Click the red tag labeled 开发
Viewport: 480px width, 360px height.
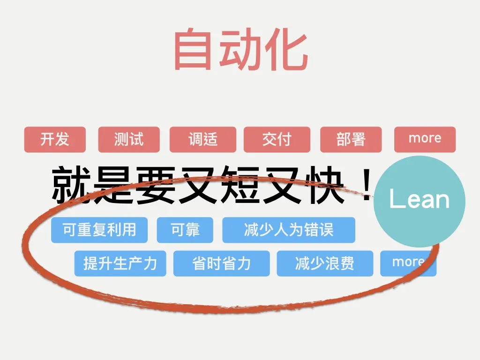[55, 139]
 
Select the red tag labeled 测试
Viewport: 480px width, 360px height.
[129, 139]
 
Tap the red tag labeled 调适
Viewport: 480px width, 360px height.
[203, 139]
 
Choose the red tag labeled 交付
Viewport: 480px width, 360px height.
[277, 139]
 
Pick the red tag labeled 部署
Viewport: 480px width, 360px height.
[351, 139]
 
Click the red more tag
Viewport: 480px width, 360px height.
[425, 139]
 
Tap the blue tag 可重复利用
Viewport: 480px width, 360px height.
[99, 230]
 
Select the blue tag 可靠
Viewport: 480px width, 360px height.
[185, 230]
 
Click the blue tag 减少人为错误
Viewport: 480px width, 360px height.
[289, 230]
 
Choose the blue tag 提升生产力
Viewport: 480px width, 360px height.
[120, 263]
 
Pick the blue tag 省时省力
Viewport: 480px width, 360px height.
[222, 263]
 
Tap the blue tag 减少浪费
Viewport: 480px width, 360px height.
[325, 263]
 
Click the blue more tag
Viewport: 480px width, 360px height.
[408, 263]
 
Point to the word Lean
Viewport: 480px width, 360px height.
[420, 200]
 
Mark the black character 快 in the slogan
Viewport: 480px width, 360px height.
[319, 185]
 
